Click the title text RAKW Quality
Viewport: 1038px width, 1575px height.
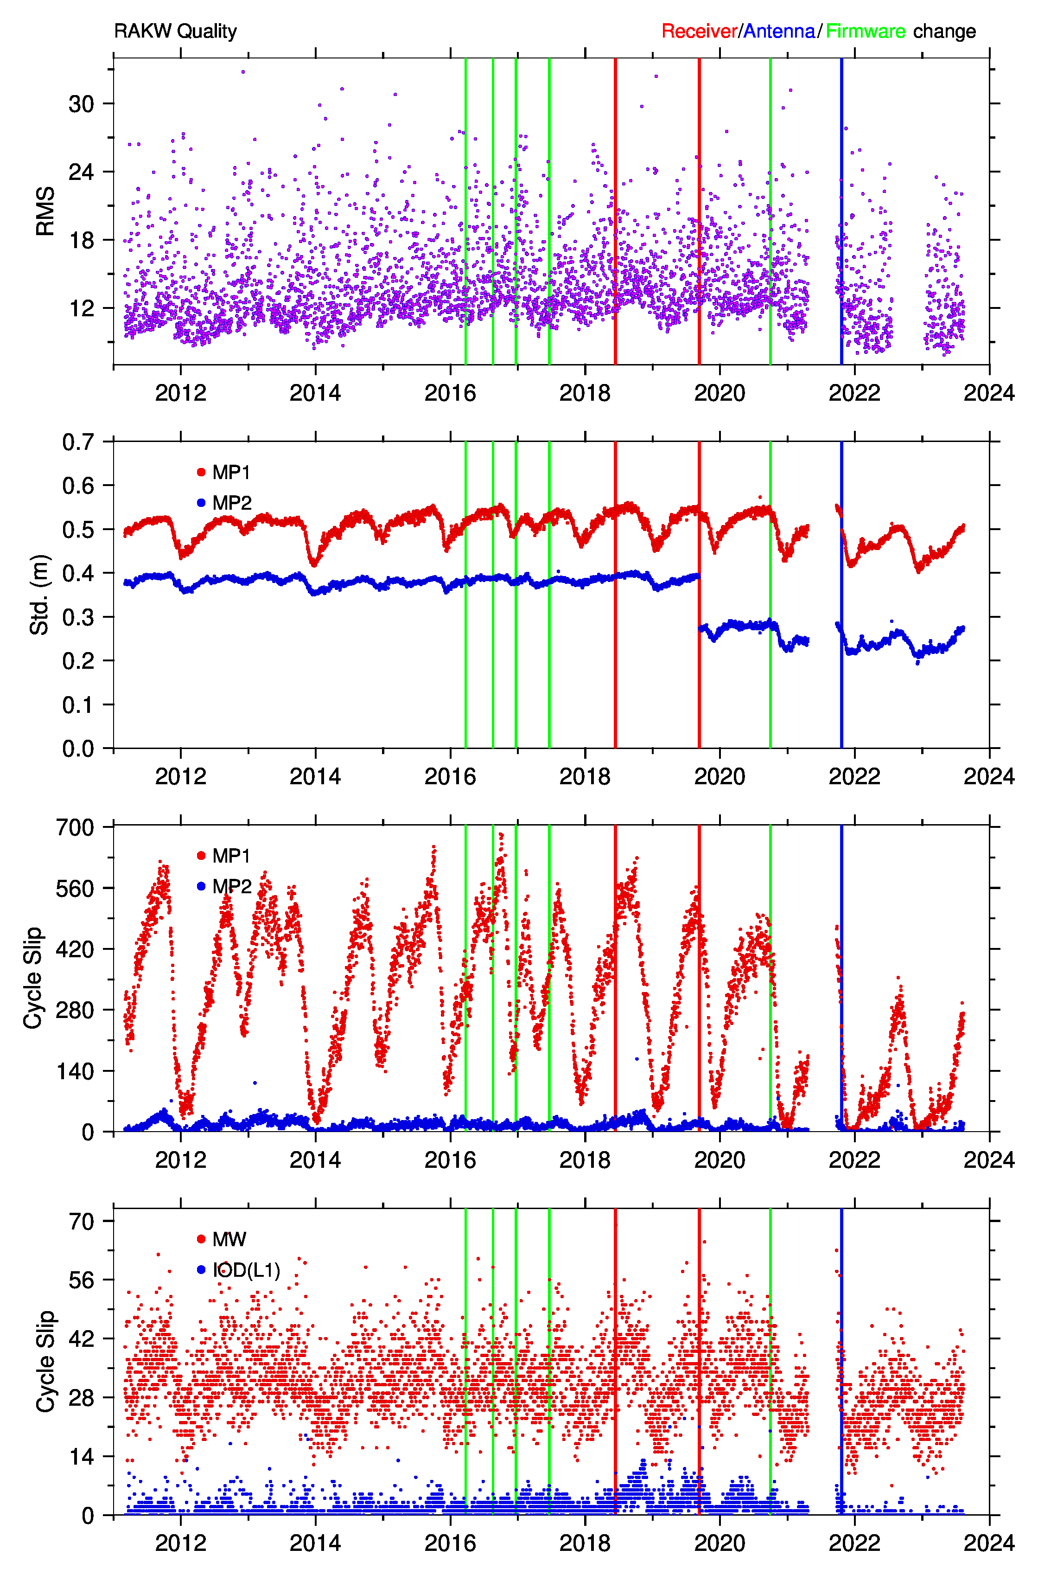[x=175, y=31]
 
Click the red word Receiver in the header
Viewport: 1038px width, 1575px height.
[x=699, y=31]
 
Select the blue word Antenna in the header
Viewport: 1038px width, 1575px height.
[x=779, y=31]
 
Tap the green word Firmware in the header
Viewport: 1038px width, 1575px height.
[x=865, y=31]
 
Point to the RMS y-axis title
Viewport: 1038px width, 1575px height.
[x=45, y=211]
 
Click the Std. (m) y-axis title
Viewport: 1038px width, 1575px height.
[x=40, y=595]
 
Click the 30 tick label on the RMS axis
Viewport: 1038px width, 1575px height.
[x=82, y=104]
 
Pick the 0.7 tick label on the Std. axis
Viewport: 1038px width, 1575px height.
[x=78, y=442]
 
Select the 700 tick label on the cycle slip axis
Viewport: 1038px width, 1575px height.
[x=75, y=827]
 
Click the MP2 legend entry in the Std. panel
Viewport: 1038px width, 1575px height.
[x=224, y=503]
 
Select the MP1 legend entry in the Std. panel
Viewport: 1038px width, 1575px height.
[x=224, y=473]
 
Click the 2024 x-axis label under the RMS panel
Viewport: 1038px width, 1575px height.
[x=989, y=393]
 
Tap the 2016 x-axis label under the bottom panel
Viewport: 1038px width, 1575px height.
[x=450, y=1543]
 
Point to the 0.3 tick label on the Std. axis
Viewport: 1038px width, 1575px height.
[x=78, y=617]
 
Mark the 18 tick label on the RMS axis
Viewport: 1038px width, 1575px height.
[x=82, y=240]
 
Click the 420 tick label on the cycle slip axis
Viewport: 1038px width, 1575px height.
[x=75, y=949]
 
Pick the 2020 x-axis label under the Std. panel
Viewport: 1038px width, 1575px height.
[x=720, y=776]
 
